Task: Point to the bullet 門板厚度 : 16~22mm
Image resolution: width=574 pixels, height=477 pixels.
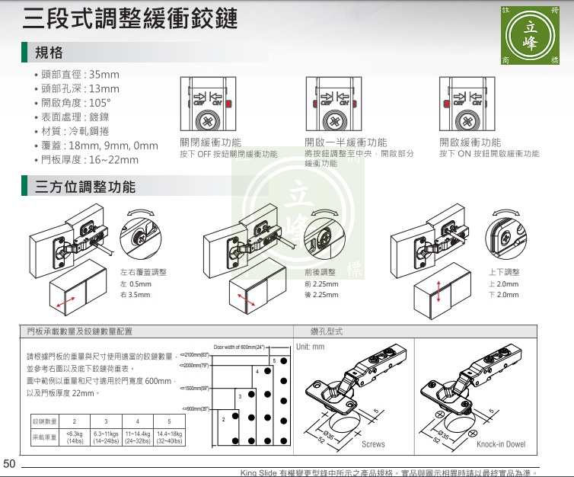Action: pyautogui.click(x=90, y=159)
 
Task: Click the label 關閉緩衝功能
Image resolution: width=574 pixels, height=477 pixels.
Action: pyautogui.click(x=211, y=142)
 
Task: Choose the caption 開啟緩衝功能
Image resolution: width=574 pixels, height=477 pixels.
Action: pyautogui.click(x=470, y=142)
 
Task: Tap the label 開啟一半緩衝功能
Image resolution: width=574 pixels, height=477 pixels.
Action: pyautogui.click(x=346, y=142)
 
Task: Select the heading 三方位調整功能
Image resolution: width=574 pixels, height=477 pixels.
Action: pyautogui.click(x=85, y=187)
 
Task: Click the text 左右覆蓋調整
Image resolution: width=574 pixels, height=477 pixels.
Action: pyautogui.click(x=144, y=272)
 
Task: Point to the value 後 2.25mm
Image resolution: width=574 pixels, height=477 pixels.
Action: pyautogui.click(x=321, y=295)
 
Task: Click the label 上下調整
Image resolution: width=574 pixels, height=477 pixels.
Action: pyautogui.click(x=504, y=272)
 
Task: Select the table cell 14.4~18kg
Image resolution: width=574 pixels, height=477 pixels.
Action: pyautogui.click(x=169, y=434)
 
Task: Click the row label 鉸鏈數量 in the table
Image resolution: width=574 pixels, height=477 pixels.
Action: pyautogui.click(x=44, y=421)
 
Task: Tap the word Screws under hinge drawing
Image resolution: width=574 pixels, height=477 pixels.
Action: pyautogui.click(x=373, y=444)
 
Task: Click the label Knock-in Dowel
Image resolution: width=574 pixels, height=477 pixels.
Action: pyautogui.click(x=501, y=444)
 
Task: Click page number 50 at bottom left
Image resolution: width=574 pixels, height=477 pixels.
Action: pyautogui.click(x=9, y=463)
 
